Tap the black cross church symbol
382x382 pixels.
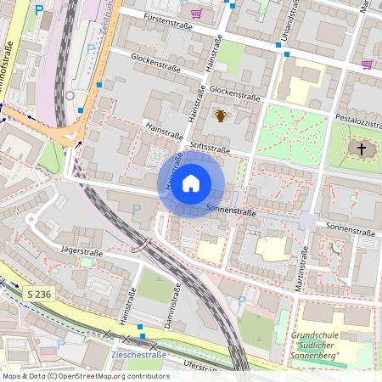[x=361, y=149]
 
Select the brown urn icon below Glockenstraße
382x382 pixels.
[x=221, y=115]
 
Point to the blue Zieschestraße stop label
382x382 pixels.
[x=138, y=355]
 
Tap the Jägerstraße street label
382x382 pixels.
[x=82, y=252]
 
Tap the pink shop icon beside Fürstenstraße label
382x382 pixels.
[x=197, y=14]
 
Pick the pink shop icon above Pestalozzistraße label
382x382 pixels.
[x=367, y=64]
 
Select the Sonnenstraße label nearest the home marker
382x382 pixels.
[x=231, y=210]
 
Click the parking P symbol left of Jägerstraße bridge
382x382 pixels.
[x=137, y=209]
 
